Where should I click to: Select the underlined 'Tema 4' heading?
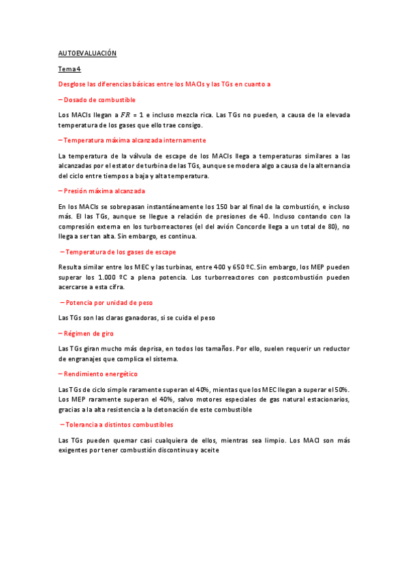[69, 69]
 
